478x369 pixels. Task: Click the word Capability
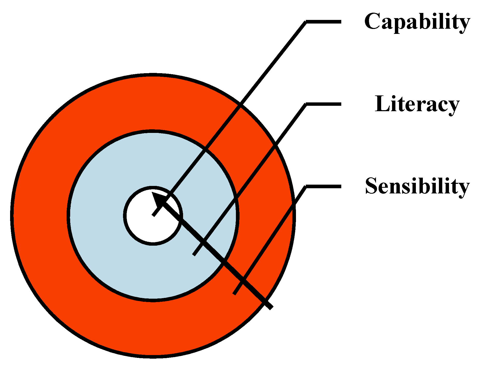click(x=417, y=22)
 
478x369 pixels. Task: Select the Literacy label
click(x=417, y=104)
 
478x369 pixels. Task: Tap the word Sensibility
click(x=417, y=186)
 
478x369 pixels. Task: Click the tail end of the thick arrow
click(x=270, y=307)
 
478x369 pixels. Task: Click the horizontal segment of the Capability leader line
click(x=324, y=22)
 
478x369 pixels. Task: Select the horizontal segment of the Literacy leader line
click(x=324, y=104)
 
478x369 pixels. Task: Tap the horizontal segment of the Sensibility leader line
click(x=324, y=186)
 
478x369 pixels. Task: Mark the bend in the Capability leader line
click(x=306, y=22)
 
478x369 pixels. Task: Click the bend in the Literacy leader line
click(x=306, y=104)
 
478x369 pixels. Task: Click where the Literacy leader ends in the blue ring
click(x=194, y=255)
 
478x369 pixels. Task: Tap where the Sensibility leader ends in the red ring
click(x=234, y=294)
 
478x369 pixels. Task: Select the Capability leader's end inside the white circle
click(x=154, y=215)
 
